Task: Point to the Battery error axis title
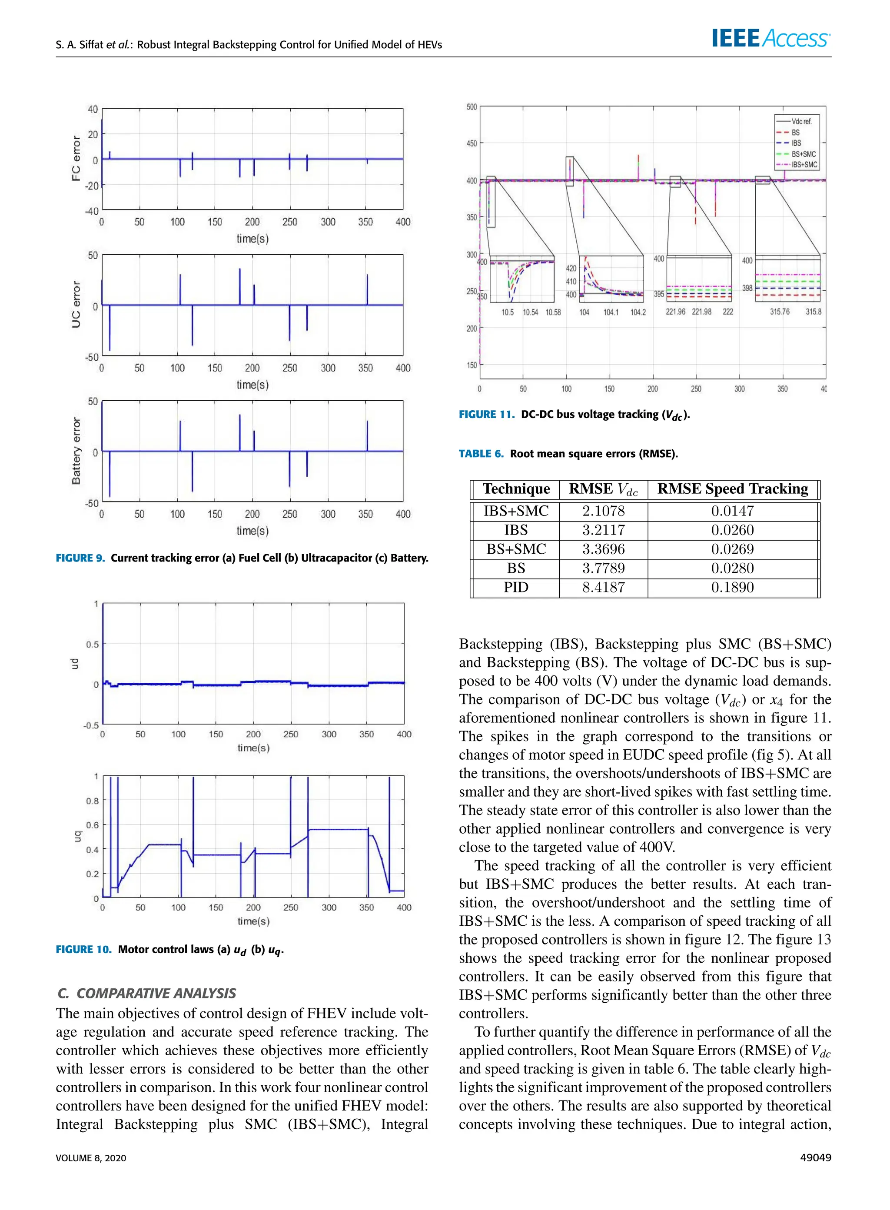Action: (x=76, y=451)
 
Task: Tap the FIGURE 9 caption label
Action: (x=80, y=558)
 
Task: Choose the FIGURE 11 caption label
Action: (x=486, y=414)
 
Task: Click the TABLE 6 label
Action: (x=481, y=454)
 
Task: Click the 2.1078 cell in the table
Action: (x=603, y=511)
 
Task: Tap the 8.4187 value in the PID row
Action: (x=603, y=587)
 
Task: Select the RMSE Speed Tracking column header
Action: (x=732, y=489)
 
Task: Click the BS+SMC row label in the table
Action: (x=515, y=549)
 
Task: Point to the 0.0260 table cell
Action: (x=732, y=530)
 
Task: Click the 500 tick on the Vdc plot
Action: (x=472, y=107)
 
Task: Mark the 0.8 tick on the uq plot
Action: (x=92, y=801)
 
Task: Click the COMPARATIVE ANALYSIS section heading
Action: (x=146, y=993)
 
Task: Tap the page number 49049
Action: (x=816, y=1158)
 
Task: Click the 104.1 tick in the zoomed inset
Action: (x=611, y=312)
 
